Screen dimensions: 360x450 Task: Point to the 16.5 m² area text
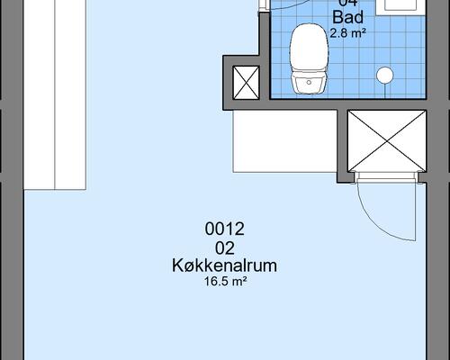225,282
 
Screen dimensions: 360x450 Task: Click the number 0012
225,229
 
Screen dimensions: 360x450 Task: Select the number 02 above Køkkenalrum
225,247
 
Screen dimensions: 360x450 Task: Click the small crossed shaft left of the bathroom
245,82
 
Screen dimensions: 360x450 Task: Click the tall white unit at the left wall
56,94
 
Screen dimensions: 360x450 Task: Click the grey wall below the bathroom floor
342,103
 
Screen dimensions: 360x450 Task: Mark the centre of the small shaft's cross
245,82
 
